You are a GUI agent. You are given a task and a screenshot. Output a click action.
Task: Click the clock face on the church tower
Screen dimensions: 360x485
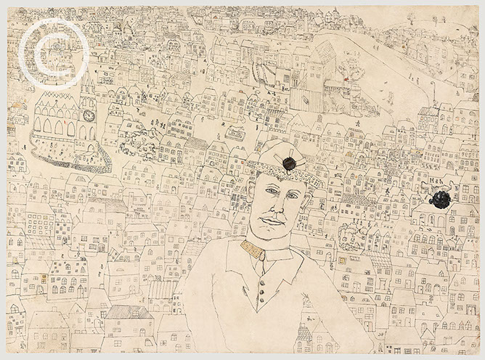coord(89,116)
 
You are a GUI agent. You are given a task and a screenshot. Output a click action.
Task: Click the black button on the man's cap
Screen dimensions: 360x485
coord(288,163)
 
